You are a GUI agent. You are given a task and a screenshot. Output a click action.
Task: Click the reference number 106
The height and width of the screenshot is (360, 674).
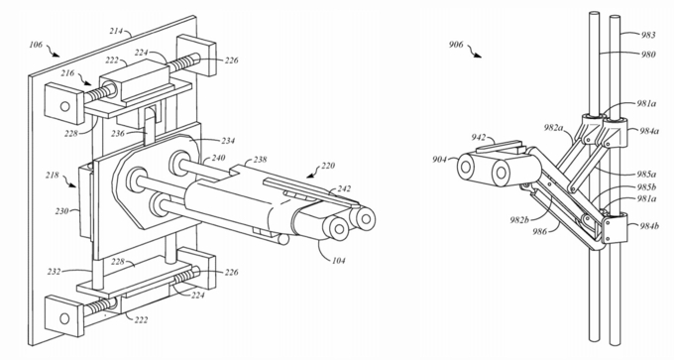[36, 45]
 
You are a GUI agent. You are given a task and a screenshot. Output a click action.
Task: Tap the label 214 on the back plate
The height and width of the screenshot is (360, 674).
[117, 31]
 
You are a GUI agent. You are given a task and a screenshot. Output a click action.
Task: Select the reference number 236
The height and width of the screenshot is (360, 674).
[117, 133]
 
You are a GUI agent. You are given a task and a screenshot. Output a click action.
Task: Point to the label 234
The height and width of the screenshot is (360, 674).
[228, 140]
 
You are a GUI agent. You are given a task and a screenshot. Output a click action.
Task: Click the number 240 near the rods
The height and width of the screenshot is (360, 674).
[218, 158]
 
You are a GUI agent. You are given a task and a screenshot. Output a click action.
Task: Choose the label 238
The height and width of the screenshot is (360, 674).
[260, 160]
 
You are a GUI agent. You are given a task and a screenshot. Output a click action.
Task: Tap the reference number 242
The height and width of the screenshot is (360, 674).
[344, 188]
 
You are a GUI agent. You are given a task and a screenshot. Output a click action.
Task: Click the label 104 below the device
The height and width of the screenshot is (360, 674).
[338, 260]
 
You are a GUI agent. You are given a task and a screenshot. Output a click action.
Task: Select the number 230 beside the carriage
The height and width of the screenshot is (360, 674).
[61, 211]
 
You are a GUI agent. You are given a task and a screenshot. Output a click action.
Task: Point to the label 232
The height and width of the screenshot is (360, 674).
[55, 272]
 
